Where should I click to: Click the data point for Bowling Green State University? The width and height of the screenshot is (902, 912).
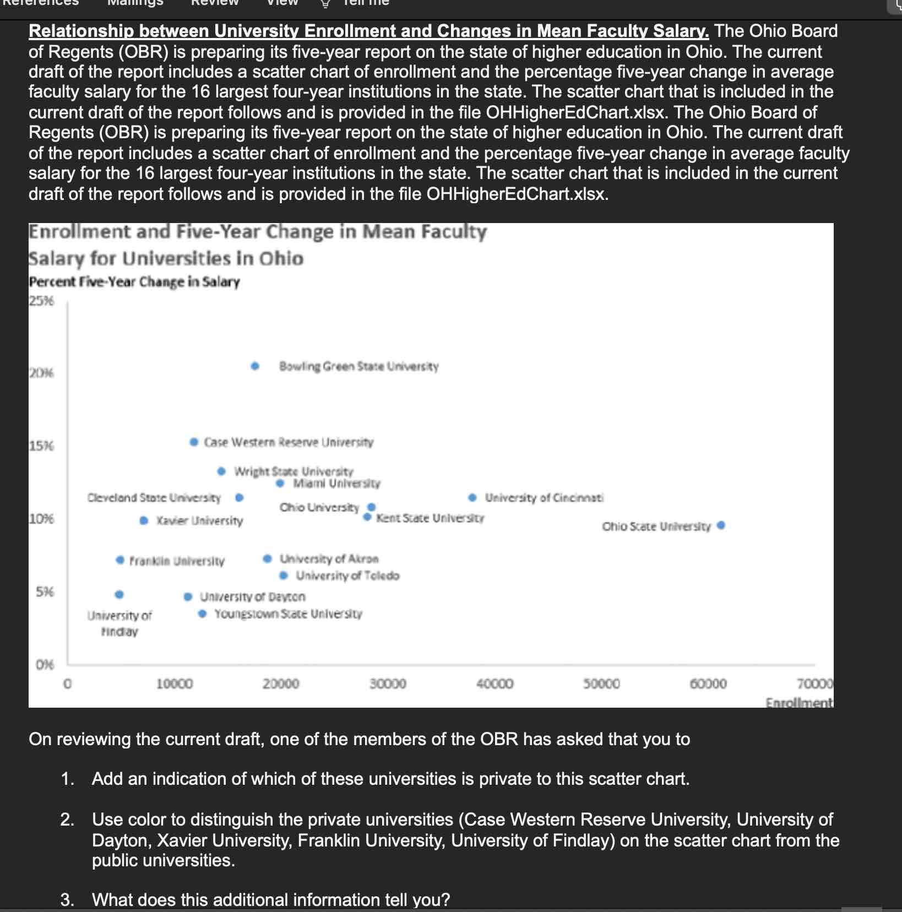pos(255,366)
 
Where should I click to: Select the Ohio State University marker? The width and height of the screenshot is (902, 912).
pos(721,525)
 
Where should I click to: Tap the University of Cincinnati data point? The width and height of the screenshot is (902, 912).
pos(472,497)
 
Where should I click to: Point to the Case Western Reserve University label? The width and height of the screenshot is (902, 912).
pos(289,442)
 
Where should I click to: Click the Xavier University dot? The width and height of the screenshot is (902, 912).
pos(144,520)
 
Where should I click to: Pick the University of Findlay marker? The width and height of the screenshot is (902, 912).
pos(119,594)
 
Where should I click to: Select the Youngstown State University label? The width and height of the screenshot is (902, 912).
pos(288,614)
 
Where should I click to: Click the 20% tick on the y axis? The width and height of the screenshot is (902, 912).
pos(42,373)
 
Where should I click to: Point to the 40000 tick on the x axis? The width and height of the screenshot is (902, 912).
pos(495,683)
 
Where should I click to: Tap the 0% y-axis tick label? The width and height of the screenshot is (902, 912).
pos(45,665)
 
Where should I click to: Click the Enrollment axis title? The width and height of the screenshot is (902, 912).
pos(798,702)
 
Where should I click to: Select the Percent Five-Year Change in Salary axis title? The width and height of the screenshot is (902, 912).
pos(134,282)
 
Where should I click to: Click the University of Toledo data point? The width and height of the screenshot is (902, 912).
pos(284,576)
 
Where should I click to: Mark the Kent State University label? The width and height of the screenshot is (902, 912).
pos(430,518)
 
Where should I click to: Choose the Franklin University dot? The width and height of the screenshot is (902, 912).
pos(120,560)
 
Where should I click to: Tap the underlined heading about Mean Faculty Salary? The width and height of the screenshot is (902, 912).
pos(368,31)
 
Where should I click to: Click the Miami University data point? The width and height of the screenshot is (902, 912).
pos(280,484)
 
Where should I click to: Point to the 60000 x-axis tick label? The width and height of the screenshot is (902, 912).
pos(708,683)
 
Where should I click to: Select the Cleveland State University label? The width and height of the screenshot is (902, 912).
pos(154,498)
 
